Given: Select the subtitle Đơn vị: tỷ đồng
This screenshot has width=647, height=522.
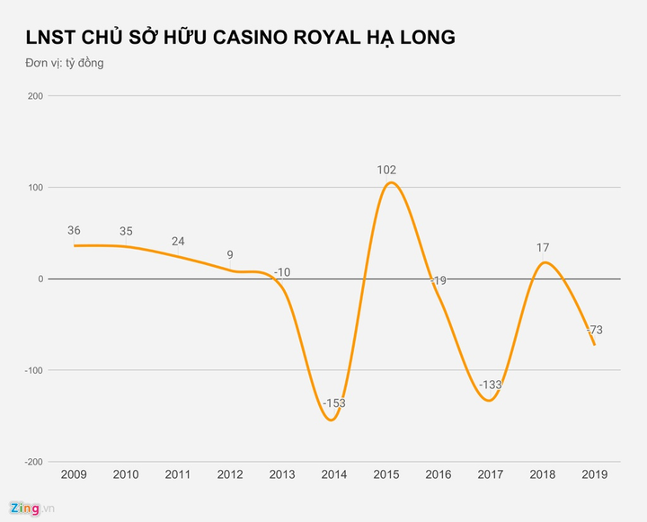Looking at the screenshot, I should [65, 63].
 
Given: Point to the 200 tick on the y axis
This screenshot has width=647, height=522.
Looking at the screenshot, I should [34, 95].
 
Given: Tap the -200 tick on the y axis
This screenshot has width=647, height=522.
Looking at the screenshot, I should [32, 462].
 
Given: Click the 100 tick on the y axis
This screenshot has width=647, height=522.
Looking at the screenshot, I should [34, 187].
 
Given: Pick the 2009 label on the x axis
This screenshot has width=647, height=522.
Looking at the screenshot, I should [74, 473].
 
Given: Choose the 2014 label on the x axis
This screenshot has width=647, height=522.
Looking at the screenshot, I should [333, 473].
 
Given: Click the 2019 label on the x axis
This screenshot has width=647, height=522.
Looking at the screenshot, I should [594, 473].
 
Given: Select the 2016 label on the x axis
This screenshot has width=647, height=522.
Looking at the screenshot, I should [438, 473].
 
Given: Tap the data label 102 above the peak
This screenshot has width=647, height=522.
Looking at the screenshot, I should [386, 169].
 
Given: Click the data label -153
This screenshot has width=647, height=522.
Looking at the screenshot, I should [333, 403].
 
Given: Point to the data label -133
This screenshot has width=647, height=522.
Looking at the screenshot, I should [490, 385].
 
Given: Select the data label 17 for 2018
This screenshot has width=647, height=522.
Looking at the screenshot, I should [542, 247].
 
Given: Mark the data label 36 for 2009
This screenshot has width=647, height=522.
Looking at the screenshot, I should [74, 231].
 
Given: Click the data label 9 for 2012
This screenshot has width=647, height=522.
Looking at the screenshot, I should [230, 255].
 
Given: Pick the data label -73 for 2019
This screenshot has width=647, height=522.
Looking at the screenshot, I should [594, 330].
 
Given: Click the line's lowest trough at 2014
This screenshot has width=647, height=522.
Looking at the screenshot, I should [330, 420].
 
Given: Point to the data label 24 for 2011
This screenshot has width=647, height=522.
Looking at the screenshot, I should [178, 242].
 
